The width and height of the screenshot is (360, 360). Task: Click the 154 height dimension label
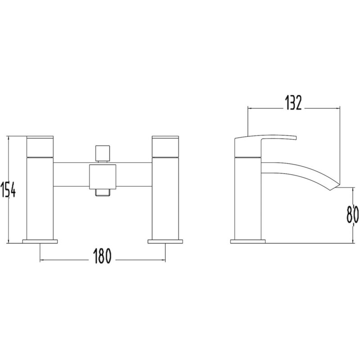[x=9, y=189]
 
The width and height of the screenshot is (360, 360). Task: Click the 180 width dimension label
[x=102, y=256]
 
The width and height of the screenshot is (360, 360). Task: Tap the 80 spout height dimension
[x=352, y=214]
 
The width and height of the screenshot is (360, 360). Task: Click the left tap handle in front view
[x=40, y=147]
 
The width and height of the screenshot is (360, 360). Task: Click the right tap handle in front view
[x=165, y=147]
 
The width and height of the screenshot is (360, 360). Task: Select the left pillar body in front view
[x=40, y=198]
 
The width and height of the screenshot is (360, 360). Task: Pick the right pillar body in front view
[x=165, y=198]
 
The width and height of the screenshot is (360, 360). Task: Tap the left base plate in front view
[x=40, y=241]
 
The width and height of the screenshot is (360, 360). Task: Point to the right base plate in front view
[x=165, y=241]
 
